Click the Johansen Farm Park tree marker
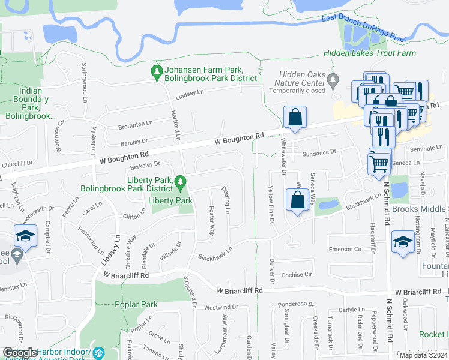point(157,72)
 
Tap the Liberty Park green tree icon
point(179,181)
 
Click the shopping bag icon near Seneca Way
point(298,200)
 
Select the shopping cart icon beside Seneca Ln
point(379,162)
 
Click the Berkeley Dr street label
point(144,164)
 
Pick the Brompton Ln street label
point(135,124)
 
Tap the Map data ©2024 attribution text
point(423,355)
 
